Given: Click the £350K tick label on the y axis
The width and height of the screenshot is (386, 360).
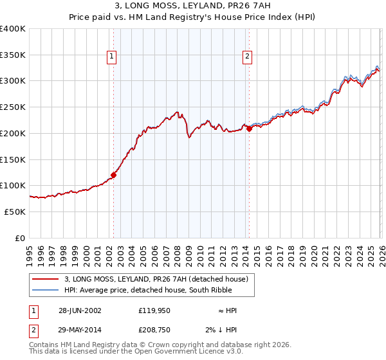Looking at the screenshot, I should click(13, 55).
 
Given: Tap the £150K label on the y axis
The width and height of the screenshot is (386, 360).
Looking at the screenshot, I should click(13, 159).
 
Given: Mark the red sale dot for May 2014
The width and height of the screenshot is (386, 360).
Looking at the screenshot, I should click(249, 129).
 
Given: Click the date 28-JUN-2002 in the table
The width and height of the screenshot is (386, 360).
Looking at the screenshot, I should click(80, 310).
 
